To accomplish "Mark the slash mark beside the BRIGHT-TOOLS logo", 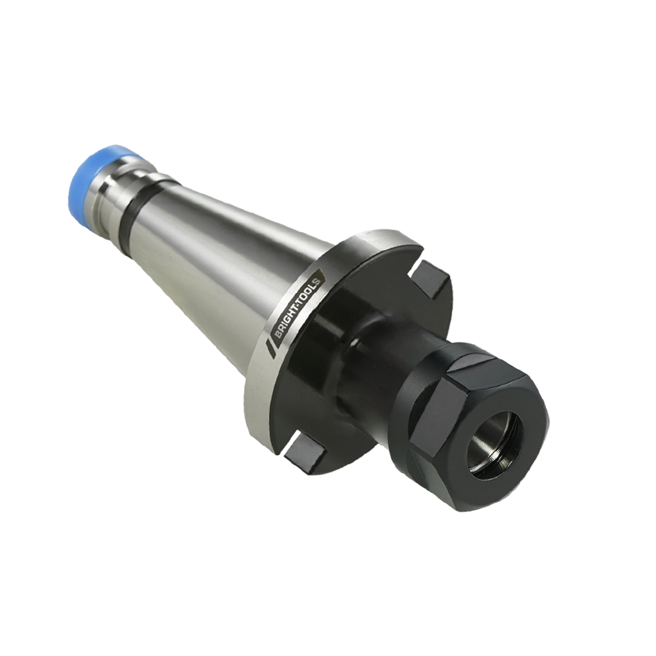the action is click(270, 348).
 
